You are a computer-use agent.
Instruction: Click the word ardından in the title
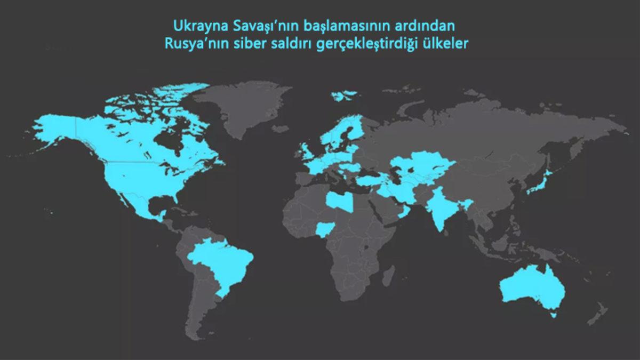click(432, 25)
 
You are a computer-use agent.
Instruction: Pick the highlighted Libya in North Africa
click(339, 202)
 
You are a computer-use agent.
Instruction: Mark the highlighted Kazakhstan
click(421, 163)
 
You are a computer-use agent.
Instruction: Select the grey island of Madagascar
click(390, 275)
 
